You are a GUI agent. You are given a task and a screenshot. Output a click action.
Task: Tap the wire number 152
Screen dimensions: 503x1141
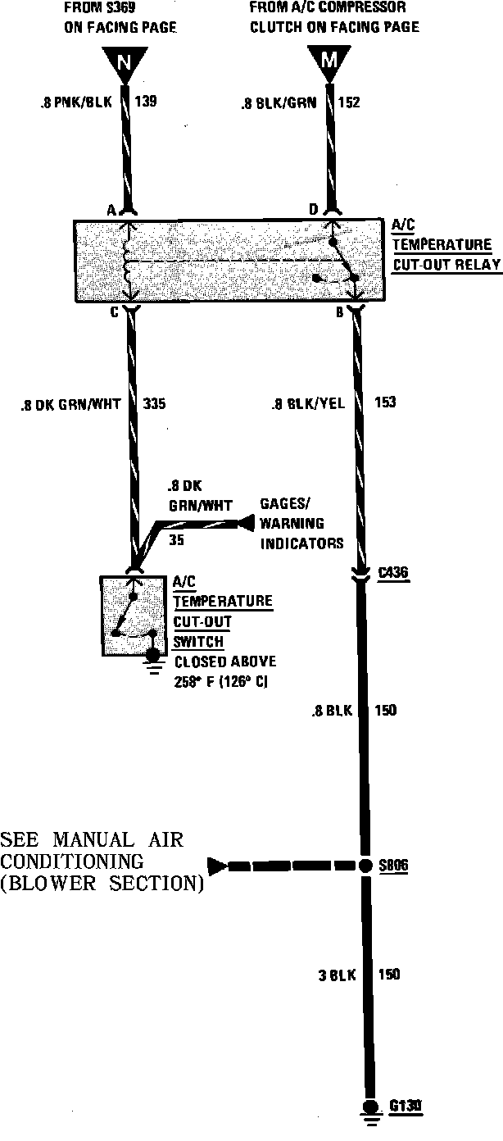348,103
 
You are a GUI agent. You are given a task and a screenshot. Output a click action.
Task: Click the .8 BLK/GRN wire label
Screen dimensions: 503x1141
277,104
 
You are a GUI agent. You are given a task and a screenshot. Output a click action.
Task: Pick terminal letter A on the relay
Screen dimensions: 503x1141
110,211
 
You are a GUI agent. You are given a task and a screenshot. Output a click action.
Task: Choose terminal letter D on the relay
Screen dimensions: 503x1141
313,211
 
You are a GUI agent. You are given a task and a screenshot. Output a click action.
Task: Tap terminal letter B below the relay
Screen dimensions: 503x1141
338,312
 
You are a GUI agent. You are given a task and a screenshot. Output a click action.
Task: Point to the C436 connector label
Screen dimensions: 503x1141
394,573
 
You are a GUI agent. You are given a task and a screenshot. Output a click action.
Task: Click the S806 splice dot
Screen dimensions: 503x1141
366,865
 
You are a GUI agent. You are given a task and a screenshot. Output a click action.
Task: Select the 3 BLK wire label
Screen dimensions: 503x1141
336,975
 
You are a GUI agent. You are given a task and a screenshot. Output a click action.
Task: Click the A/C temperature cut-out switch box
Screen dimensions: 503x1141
134,615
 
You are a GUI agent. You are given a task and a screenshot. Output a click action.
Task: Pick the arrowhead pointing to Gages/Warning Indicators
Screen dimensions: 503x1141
244,523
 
